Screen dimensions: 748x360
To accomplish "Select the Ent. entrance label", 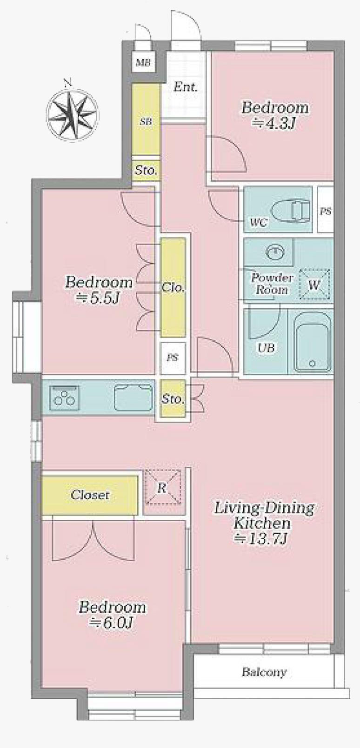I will pos(186,86).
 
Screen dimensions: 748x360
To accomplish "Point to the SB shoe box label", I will pos(146,122).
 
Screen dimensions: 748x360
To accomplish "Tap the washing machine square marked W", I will pos(314,284).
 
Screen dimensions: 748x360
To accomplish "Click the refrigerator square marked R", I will pos(162,488).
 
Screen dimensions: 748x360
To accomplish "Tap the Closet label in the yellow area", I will pos(90,495).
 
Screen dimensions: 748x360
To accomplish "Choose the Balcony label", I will pos(264,672).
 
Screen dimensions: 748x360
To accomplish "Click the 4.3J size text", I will pos(275,123).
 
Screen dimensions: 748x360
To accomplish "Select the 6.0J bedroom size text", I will pos(112,622).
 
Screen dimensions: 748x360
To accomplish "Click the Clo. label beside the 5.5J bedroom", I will pos(173,287).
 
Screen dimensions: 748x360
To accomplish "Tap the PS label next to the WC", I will pos(326,211).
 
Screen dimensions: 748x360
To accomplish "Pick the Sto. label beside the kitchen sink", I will pos(173,399).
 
